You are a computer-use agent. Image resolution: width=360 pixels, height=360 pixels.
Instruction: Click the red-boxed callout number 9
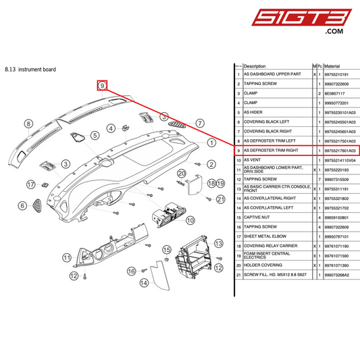pos(102,86)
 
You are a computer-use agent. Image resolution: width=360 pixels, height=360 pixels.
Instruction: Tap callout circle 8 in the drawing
pos(28,124)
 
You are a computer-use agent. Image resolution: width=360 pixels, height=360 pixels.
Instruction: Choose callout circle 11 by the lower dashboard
pos(67,257)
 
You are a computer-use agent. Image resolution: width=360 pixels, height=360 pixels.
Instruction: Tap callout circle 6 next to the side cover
pos(22,205)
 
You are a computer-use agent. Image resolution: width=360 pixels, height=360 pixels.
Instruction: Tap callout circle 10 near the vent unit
pos(190,220)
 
